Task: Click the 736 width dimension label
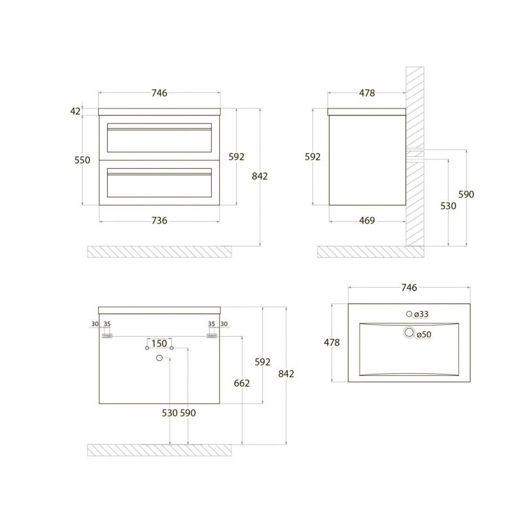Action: [160, 220]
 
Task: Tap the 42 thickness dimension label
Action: [75, 111]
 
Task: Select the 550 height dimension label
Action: [82, 160]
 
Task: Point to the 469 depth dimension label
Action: [367, 220]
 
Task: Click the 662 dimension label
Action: [242, 383]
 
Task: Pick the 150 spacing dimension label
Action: [160, 343]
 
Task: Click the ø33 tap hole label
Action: [421, 314]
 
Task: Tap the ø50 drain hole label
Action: [424, 334]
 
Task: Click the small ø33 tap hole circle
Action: [409, 314]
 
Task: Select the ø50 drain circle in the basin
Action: [409, 332]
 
